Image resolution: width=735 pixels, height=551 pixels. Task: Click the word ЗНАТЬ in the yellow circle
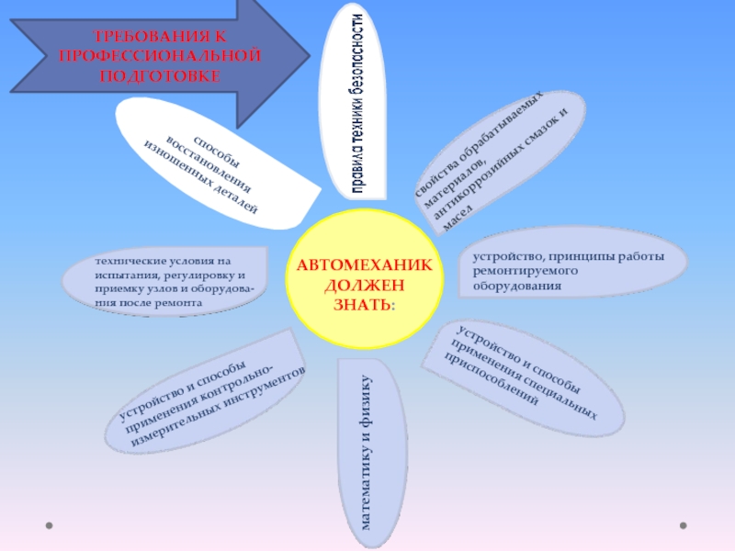pyautogui.click(x=363, y=302)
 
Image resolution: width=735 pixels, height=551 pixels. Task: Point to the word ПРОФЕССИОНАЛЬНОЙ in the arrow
pyautogui.click(x=160, y=56)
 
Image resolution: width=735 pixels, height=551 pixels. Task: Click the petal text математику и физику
pyautogui.click(x=367, y=450)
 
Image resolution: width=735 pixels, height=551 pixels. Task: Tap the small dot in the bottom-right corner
pyautogui.click(x=682, y=526)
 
